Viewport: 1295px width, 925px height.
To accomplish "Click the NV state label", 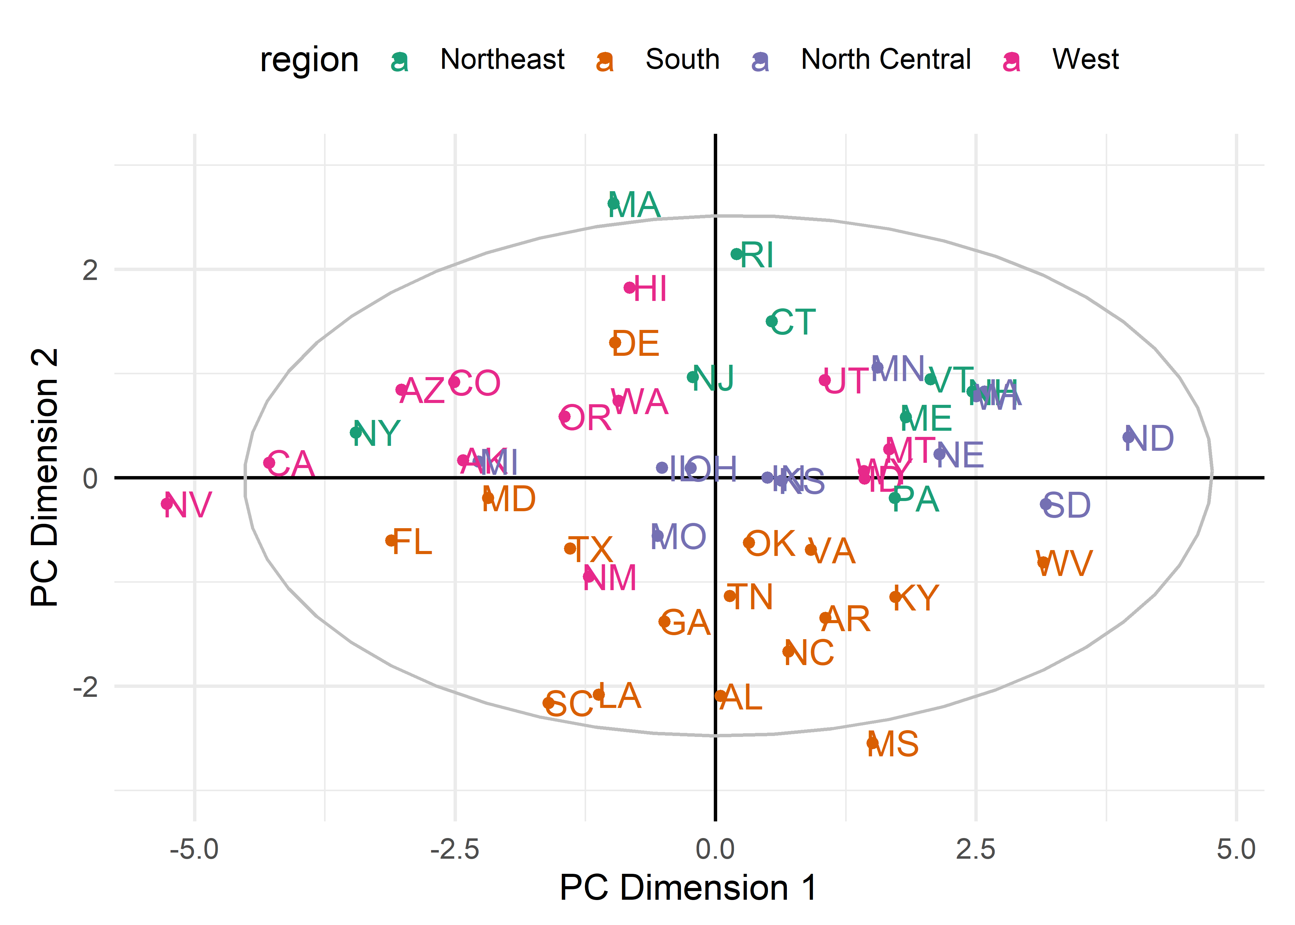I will coord(187,505).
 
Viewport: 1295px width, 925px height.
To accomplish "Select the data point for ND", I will coord(1128,437).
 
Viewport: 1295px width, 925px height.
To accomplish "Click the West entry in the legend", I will coord(1085,59).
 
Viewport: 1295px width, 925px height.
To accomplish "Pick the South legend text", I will coord(682,59).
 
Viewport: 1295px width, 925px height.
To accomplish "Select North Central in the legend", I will coord(886,59).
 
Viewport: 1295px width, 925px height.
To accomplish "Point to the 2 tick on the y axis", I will coord(90,270).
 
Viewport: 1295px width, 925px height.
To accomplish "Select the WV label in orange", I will coord(1064,564).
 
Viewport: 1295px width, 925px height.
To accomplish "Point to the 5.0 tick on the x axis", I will coord(1236,850).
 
